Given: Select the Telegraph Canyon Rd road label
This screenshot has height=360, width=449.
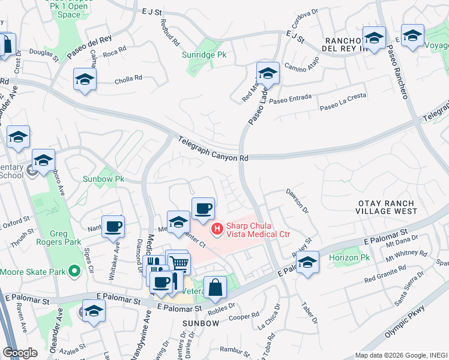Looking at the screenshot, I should [x=213, y=149].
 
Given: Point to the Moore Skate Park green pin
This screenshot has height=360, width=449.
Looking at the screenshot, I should [x=74, y=272].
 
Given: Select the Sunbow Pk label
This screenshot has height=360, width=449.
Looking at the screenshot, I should [x=103, y=179].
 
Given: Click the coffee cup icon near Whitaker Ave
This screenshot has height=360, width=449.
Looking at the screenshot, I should [x=113, y=227].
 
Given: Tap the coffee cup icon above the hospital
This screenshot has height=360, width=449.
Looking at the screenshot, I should [x=203, y=208].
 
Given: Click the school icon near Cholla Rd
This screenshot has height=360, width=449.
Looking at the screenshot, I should [x=85, y=79].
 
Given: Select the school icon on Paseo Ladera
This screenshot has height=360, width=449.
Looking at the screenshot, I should [x=268, y=73].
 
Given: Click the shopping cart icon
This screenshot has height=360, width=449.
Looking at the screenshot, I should [x=179, y=263].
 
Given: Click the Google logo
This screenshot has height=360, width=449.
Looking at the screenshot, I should [x=20, y=353].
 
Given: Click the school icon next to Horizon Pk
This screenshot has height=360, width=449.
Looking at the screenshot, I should [x=307, y=263].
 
